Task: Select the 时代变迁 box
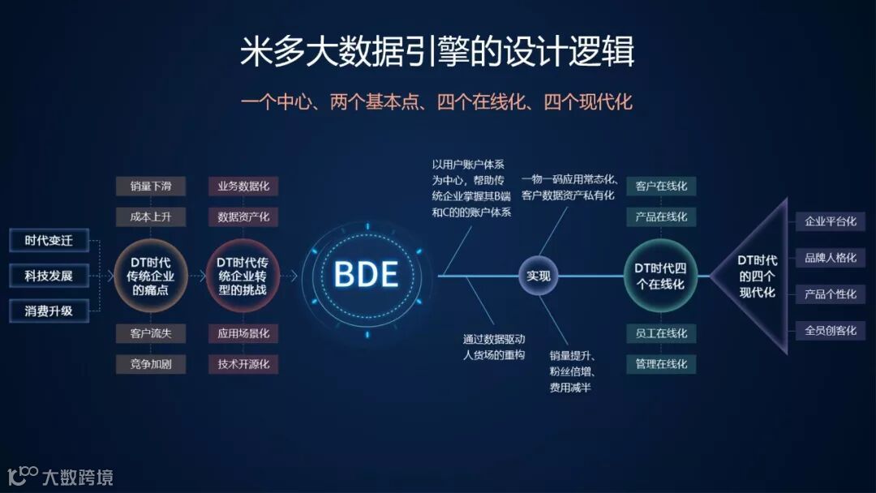click(x=49, y=241)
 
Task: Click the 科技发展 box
click(x=49, y=276)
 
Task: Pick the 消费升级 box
click(x=49, y=311)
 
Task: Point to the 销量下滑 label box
click(x=151, y=186)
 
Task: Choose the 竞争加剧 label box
click(x=151, y=364)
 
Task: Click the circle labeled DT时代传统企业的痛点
click(x=151, y=276)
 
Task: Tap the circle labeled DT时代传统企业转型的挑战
click(x=243, y=276)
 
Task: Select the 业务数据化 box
click(x=243, y=186)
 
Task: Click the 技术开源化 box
click(x=243, y=364)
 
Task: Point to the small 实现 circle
click(x=538, y=276)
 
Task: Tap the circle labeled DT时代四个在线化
click(x=660, y=276)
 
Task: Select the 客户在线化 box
click(x=661, y=186)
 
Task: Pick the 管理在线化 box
click(x=661, y=364)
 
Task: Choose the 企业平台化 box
click(x=830, y=221)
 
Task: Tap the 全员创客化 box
click(x=830, y=331)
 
